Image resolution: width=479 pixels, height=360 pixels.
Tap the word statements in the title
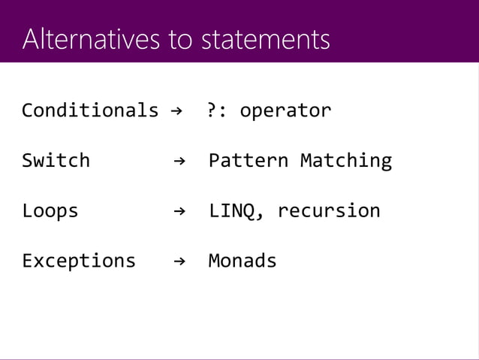[265, 39]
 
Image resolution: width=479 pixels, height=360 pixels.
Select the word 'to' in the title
[180, 40]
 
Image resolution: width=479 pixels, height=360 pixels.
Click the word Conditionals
[90, 111]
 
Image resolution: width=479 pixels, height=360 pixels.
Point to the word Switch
[56, 161]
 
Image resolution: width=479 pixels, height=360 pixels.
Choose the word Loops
[50, 210]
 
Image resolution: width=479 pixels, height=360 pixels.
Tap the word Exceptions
[79, 261]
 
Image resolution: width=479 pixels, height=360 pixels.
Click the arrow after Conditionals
[176, 111]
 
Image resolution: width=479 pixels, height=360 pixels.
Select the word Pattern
[249, 161]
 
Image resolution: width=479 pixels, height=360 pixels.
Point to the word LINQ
[232, 210]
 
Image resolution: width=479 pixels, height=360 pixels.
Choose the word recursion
[329, 210]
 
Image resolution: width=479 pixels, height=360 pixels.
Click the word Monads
[243, 261]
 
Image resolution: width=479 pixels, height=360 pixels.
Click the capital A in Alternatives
[30, 39]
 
